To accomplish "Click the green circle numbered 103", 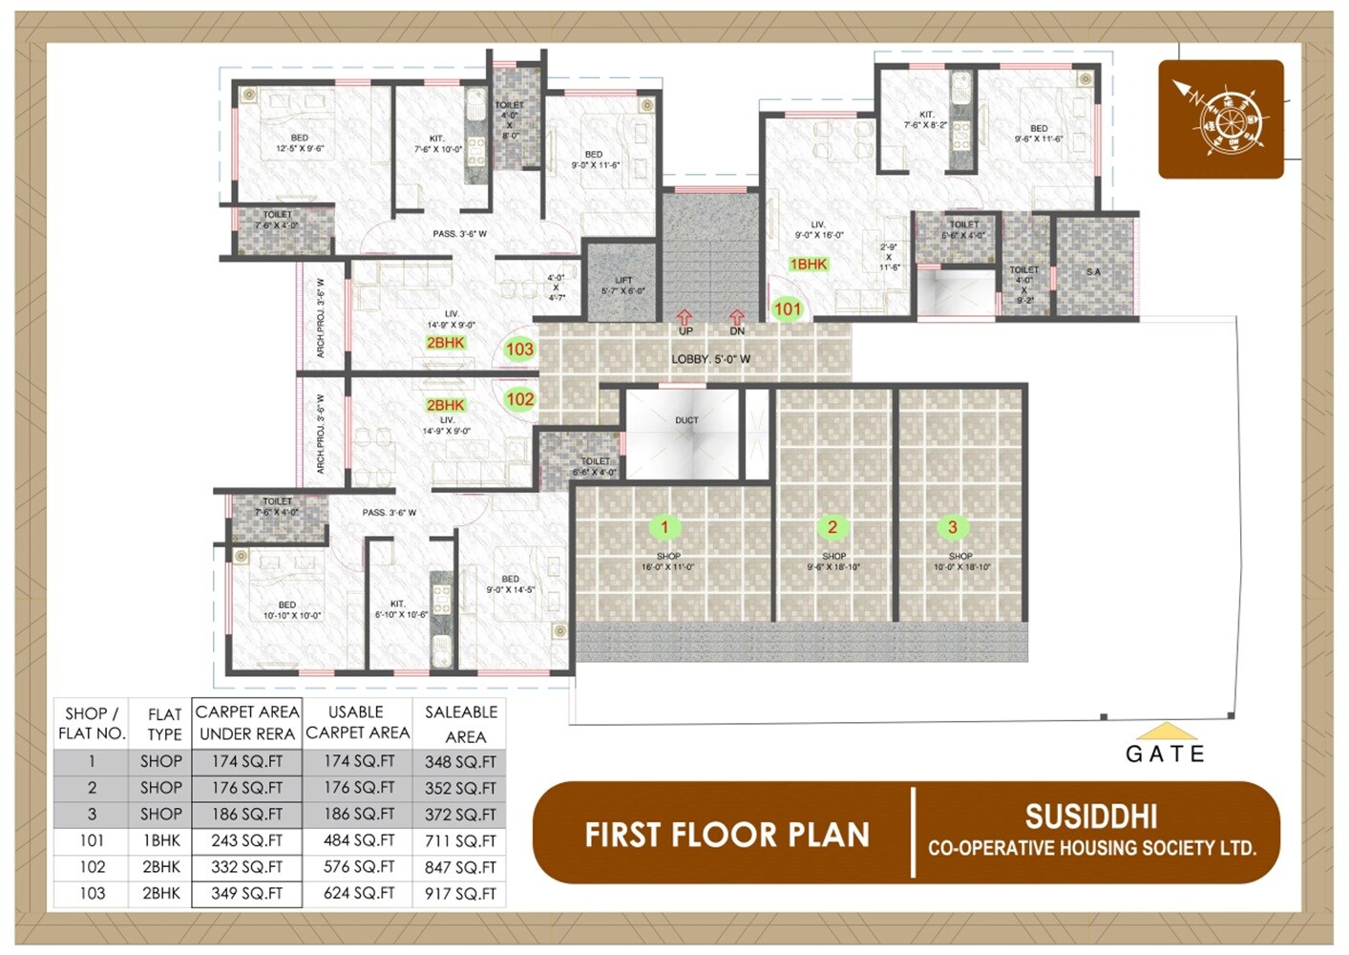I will click(519, 349).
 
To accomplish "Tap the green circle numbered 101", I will click(788, 308).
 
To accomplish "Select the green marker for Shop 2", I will click(833, 527).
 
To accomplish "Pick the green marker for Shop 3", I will click(952, 527).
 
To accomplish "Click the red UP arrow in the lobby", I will click(685, 317).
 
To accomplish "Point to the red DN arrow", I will click(737, 317).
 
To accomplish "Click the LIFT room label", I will click(623, 281).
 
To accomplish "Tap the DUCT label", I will click(686, 420).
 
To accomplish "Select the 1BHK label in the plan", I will click(808, 265).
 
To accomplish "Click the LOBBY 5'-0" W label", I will click(710, 359).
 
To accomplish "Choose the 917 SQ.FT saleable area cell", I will click(460, 894).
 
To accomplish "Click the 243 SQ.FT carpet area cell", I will click(247, 840).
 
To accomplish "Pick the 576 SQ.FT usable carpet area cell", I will click(358, 867).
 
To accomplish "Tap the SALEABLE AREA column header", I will click(461, 724).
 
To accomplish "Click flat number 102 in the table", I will click(92, 867).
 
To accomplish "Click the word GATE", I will click(1165, 754).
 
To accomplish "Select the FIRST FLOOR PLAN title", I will click(727, 835).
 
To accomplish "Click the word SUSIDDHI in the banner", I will click(1091, 817).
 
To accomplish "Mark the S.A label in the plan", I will click(1093, 272).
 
